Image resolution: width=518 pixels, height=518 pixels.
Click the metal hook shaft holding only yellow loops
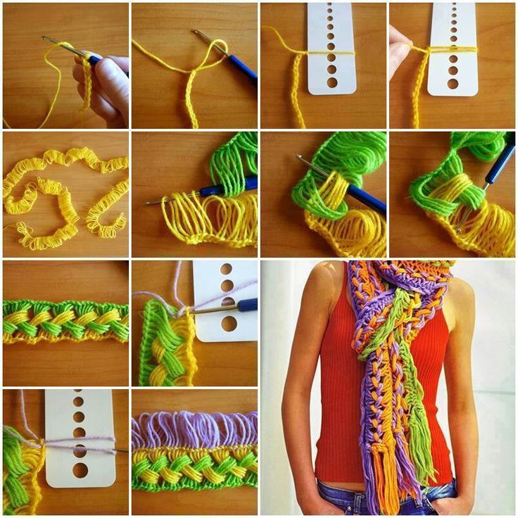pyautogui.click(x=176, y=198)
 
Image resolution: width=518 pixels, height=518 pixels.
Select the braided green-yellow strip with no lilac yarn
pyautogui.click(x=65, y=322)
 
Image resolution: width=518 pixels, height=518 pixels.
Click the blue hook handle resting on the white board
pyautogui.click(x=246, y=305)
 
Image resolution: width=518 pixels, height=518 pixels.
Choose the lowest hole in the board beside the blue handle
pyautogui.click(x=229, y=324)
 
